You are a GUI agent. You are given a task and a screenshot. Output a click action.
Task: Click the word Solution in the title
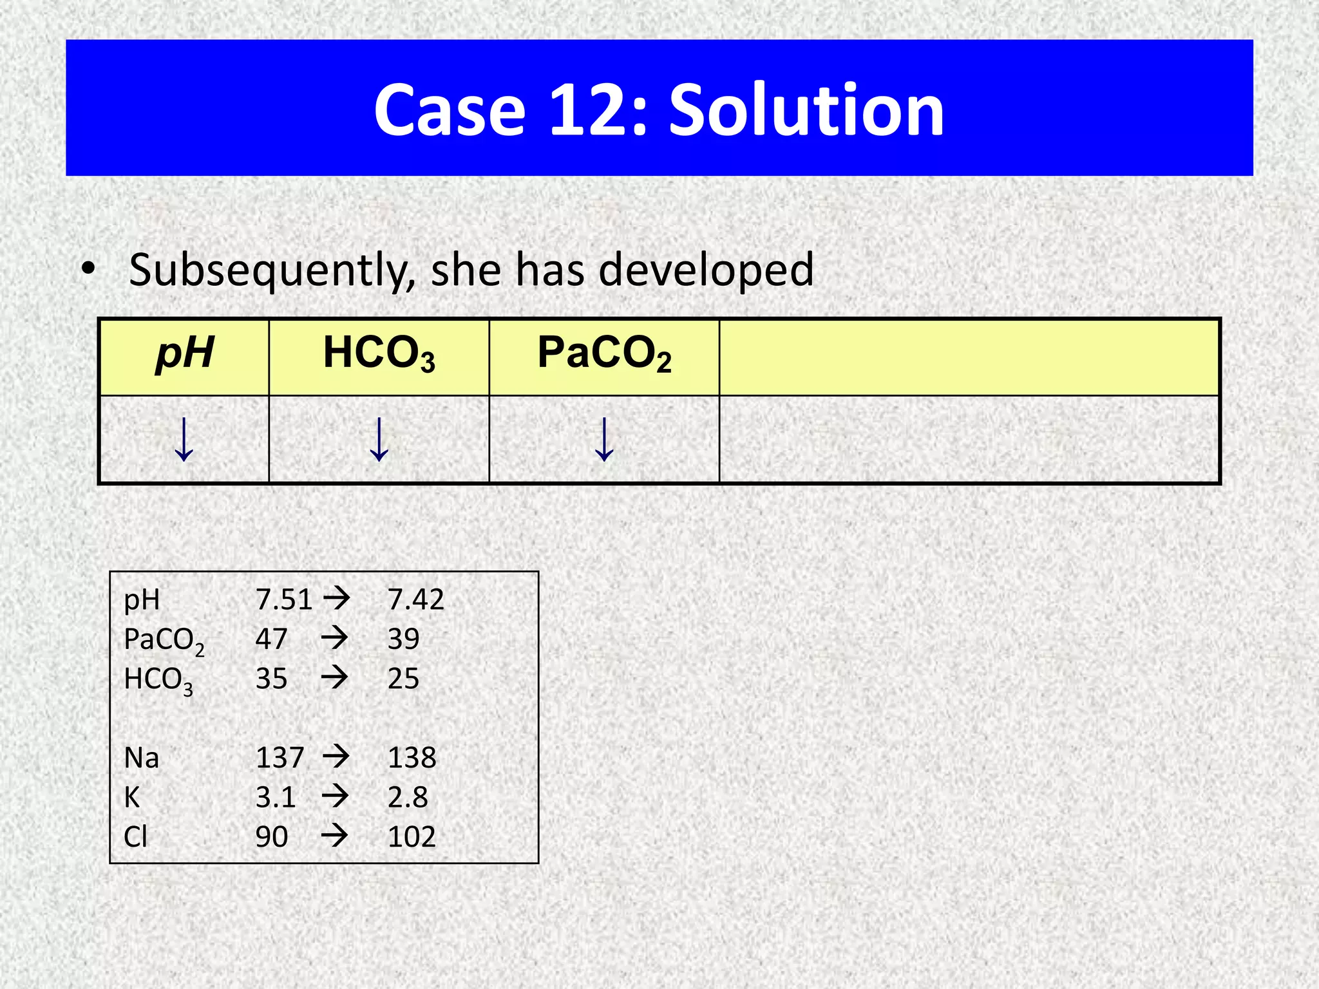tap(806, 111)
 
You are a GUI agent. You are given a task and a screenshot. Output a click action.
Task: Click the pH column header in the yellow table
tap(185, 353)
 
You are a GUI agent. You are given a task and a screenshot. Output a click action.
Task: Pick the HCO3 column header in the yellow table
tap(379, 354)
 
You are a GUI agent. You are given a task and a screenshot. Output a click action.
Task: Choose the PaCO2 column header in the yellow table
tap(604, 354)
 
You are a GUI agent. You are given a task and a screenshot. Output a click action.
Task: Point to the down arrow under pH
tap(184, 439)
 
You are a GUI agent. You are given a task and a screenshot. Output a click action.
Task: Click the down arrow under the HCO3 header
tap(379, 439)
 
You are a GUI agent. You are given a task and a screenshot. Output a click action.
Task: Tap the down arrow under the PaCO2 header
tap(604, 439)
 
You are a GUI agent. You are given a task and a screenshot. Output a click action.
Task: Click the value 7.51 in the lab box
tap(283, 600)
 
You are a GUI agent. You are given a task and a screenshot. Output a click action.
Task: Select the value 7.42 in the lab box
tap(415, 600)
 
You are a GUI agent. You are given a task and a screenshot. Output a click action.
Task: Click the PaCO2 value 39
tap(403, 639)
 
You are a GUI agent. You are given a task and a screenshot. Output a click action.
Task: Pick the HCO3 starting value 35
tap(271, 679)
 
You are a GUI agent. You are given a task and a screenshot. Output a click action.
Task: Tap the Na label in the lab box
tap(141, 758)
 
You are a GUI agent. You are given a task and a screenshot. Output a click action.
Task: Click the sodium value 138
tap(412, 758)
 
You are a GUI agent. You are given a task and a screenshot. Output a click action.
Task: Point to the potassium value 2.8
tap(407, 798)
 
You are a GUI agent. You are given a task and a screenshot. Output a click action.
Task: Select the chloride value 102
tap(412, 837)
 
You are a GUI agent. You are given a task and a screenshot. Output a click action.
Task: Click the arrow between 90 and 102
tap(335, 836)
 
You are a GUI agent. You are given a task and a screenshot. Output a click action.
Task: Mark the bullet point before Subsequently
tap(89, 269)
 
